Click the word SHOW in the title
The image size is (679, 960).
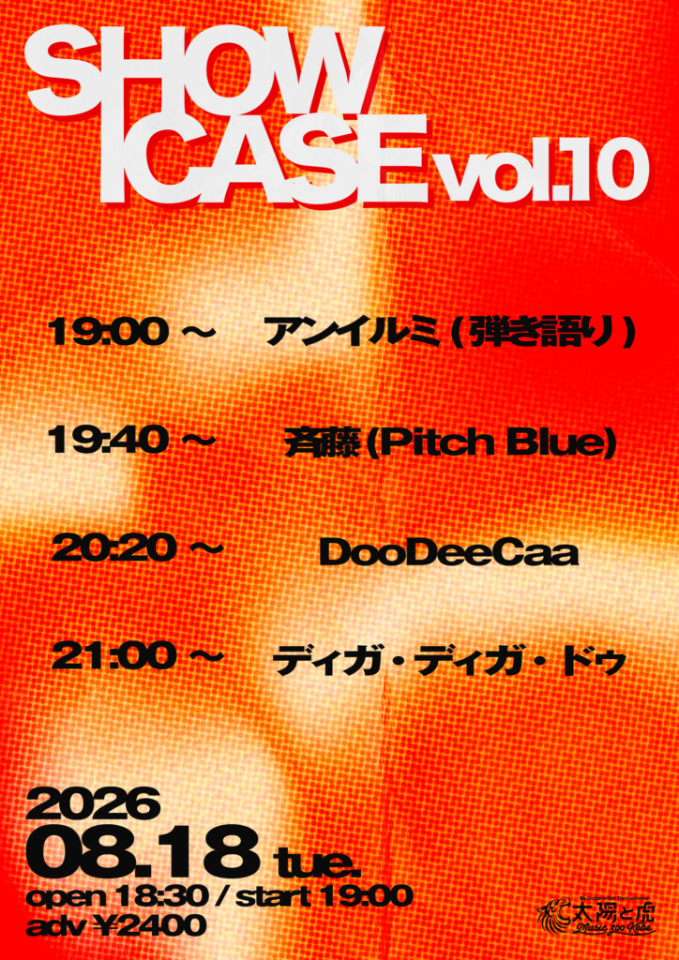pyautogui.click(x=201, y=73)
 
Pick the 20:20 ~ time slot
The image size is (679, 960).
pyautogui.click(x=137, y=547)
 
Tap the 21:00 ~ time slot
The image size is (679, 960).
pyautogui.click(x=137, y=656)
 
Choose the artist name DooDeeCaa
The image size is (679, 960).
pyautogui.click(x=448, y=553)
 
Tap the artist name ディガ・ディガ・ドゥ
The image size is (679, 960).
pyautogui.click(x=450, y=660)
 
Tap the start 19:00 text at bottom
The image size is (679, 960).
pyautogui.click(x=324, y=897)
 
